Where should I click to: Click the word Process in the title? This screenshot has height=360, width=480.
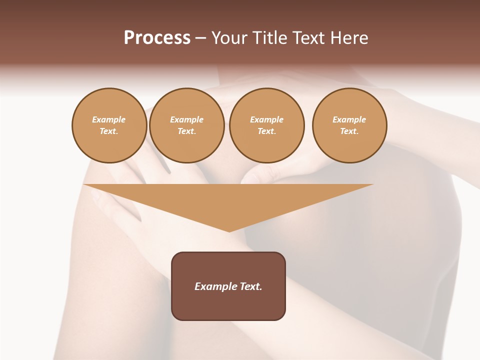point(157,38)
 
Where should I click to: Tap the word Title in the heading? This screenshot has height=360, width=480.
point(270,38)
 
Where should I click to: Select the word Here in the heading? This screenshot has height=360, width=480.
point(350,38)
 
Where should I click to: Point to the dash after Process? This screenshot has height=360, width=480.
point(200,38)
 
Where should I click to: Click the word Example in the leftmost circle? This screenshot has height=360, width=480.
point(109,119)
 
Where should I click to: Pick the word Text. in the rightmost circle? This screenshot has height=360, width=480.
point(349,131)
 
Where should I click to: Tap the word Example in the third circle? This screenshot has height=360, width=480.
point(266,119)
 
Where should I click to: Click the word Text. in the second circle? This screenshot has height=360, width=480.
point(186,131)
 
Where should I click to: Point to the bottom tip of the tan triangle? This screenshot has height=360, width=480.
point(229,230)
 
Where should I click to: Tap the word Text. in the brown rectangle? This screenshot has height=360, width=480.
point(250,286)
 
